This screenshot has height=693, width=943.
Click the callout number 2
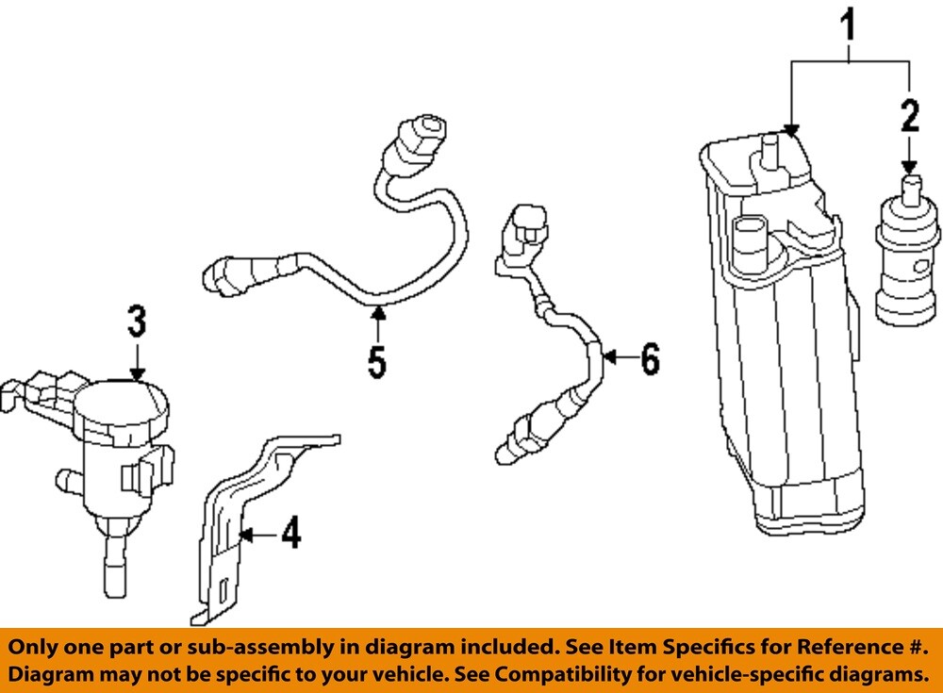pyautogui.click(x=909, y=116)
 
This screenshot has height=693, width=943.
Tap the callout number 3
pyautogui.click(x=138, y=322)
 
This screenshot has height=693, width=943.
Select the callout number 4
pyautogui.click(x=290, y=535)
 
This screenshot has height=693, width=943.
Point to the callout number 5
pyautogui.click(x=377, y=361)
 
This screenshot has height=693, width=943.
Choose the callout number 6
pyautogui.click(x=649, y=358)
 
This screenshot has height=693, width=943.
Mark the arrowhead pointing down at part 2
pyautogui.click(x=909, y=166)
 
